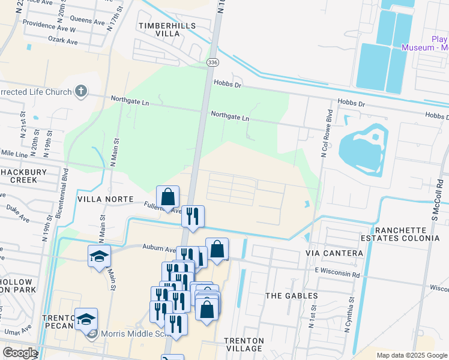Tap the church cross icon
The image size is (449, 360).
(81, 92)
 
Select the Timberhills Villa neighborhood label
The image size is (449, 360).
(159, 29)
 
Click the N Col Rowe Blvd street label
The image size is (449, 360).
(327, 134)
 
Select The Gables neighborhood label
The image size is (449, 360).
(292, 296)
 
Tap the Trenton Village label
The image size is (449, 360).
(244, 344)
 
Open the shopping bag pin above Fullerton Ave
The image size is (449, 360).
(167, 196)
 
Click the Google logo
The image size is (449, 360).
(20, 353)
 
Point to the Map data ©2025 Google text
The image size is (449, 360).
(411, 355)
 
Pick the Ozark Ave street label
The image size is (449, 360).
(63, 41)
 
